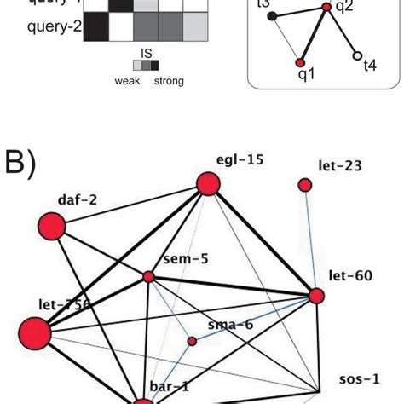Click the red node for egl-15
208,183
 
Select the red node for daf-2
53,227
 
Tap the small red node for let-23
305,185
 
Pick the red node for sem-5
148,276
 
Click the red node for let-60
316,296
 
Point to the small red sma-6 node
192,341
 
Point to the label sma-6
226,325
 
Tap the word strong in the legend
168,81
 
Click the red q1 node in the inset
299,62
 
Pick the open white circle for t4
355,56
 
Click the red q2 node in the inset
325,8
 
